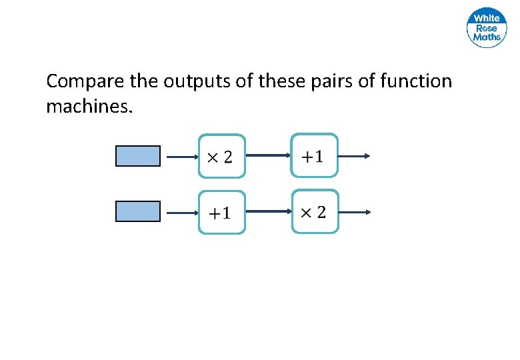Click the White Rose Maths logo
487,28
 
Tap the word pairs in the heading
318,82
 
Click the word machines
89,105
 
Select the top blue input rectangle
138,156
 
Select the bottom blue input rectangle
138,211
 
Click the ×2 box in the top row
221,157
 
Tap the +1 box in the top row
314,156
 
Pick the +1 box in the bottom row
221,213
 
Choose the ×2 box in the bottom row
315,212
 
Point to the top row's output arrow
354,157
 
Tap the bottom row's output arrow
354,213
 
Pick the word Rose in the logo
487,28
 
